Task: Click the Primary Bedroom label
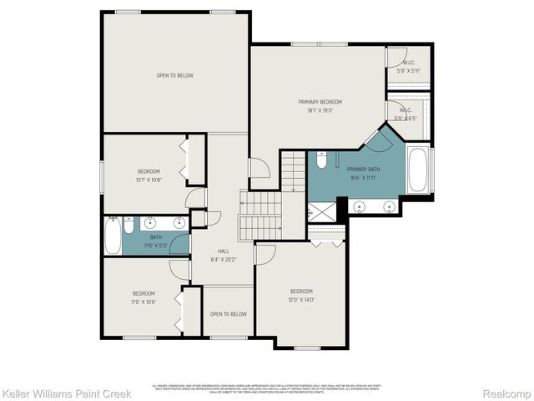coord(320,102)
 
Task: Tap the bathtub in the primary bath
coord(418,170)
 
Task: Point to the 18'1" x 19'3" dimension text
coord(320,109)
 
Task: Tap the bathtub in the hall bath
coord(113,236)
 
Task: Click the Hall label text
coord(224,251)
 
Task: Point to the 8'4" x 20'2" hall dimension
coord(224,258)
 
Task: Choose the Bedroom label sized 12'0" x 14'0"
coord(301,291)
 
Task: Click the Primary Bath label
coord(362,170)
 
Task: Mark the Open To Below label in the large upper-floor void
coord(174,76)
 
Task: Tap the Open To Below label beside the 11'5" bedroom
coord(228,313)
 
